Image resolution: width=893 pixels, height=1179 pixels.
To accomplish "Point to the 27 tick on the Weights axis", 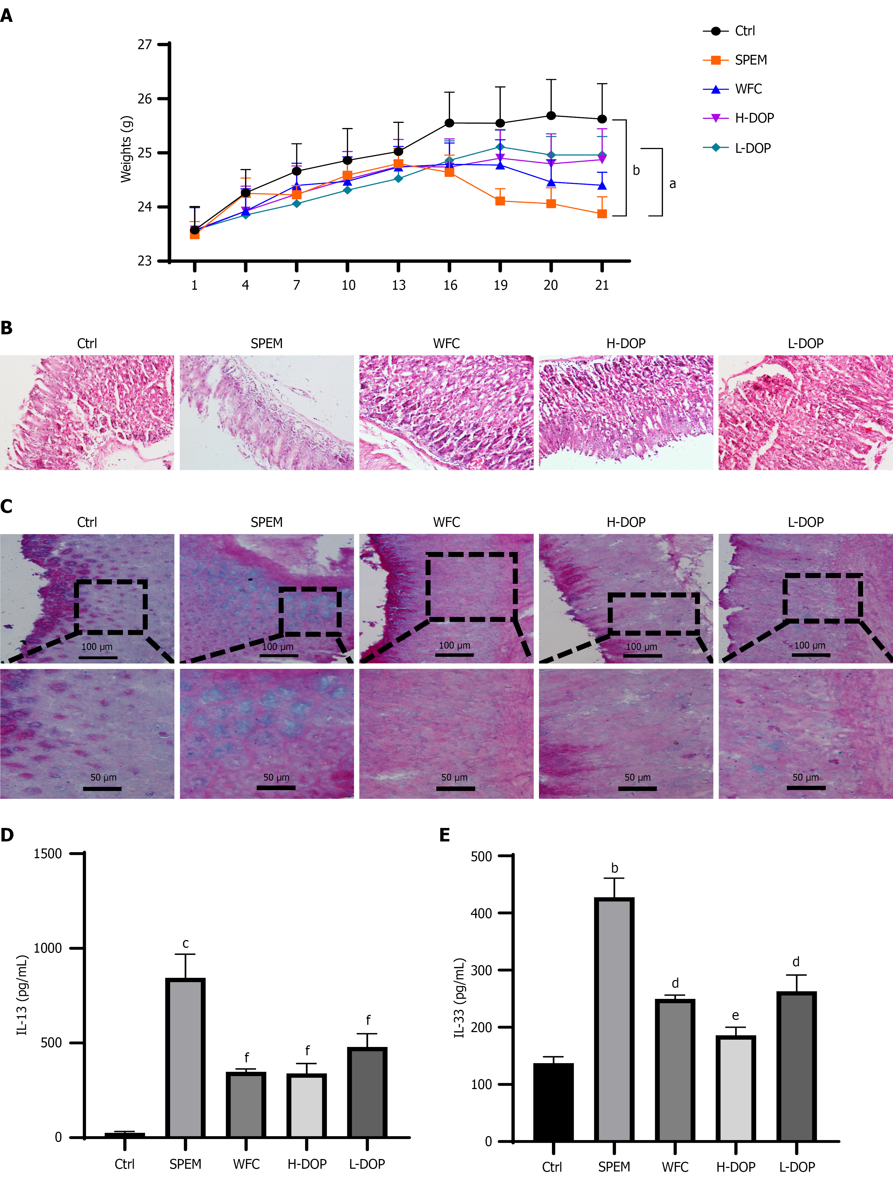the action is [144, 44].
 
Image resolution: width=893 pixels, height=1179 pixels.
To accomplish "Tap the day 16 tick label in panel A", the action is [450, 285].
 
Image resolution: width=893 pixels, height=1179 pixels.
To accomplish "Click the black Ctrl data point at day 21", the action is [602, 119].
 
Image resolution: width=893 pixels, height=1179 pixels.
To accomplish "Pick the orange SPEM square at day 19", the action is [500, 201].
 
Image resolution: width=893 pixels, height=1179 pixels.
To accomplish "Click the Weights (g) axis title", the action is [126, 149].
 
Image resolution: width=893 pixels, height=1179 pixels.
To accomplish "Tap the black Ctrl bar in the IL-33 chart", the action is [553, 1103].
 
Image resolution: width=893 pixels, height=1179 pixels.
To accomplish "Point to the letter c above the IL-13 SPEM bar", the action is [186, 944].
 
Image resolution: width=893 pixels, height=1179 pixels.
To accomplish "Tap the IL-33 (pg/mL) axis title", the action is [460, 998].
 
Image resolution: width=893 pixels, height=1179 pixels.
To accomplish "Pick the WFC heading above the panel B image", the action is [446, 343].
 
